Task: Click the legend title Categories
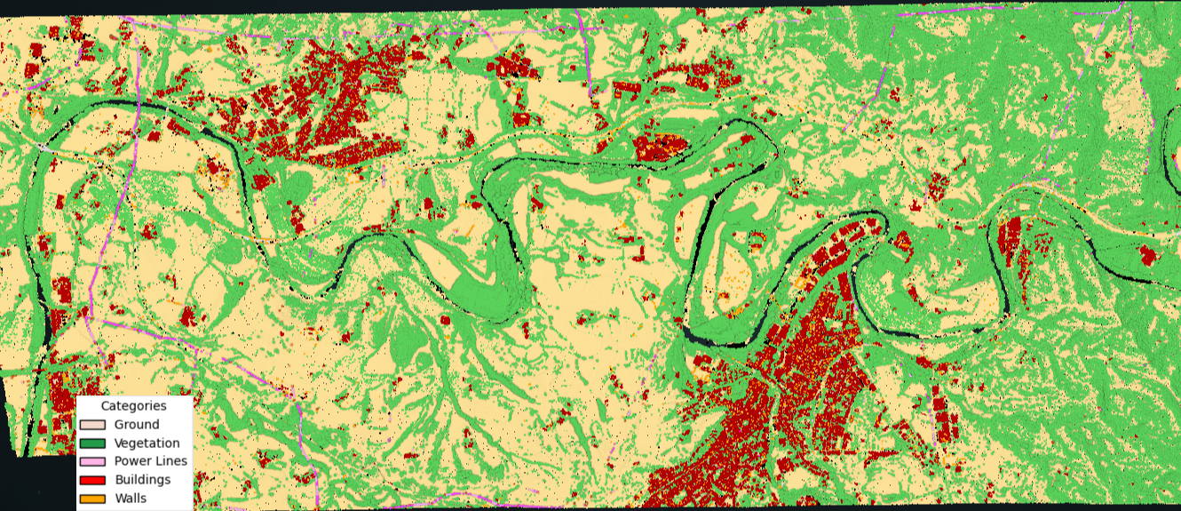pyautogui.click(x=133, y=406)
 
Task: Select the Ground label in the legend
pyautogui.click(x=137, y=425)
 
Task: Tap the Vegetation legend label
pyautogui.click(x=147, y=443)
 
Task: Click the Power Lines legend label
pyautogui.click(x=151, y=461)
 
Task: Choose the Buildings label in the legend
pyautogui.click(x=142, y=480)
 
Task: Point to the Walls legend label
pyautogui.click(x=131, y=499)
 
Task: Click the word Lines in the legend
pyautogui.click(x=171, y=461)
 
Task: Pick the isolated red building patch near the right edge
pyautogui.click(x=1148, y=256)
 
